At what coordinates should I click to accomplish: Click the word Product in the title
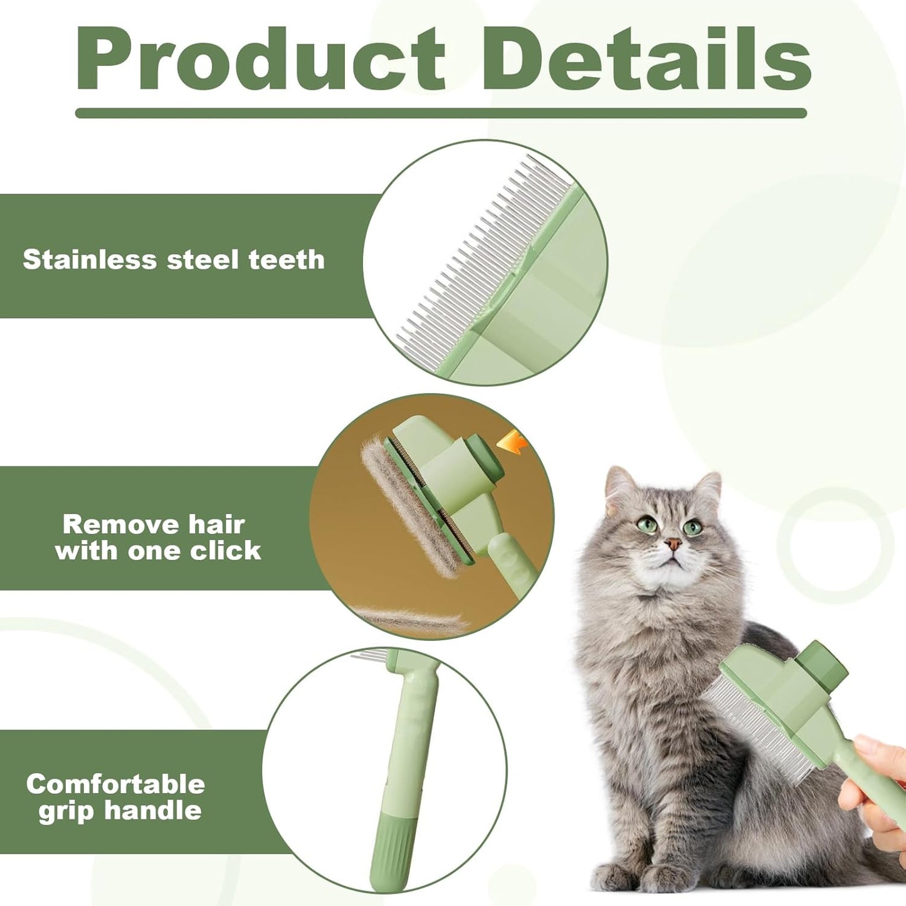[x=260, y=60]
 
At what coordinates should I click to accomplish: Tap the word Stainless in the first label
[x=90, y=260]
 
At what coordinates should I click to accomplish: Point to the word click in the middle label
[x=225, y=550]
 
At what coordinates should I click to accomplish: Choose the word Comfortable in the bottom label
[x=116, y=784]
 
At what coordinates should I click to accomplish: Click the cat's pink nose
[x=673, y=543]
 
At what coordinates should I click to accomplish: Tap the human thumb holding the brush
[x=872, y=746]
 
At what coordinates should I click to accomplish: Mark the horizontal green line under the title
[x=441, y=113]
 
